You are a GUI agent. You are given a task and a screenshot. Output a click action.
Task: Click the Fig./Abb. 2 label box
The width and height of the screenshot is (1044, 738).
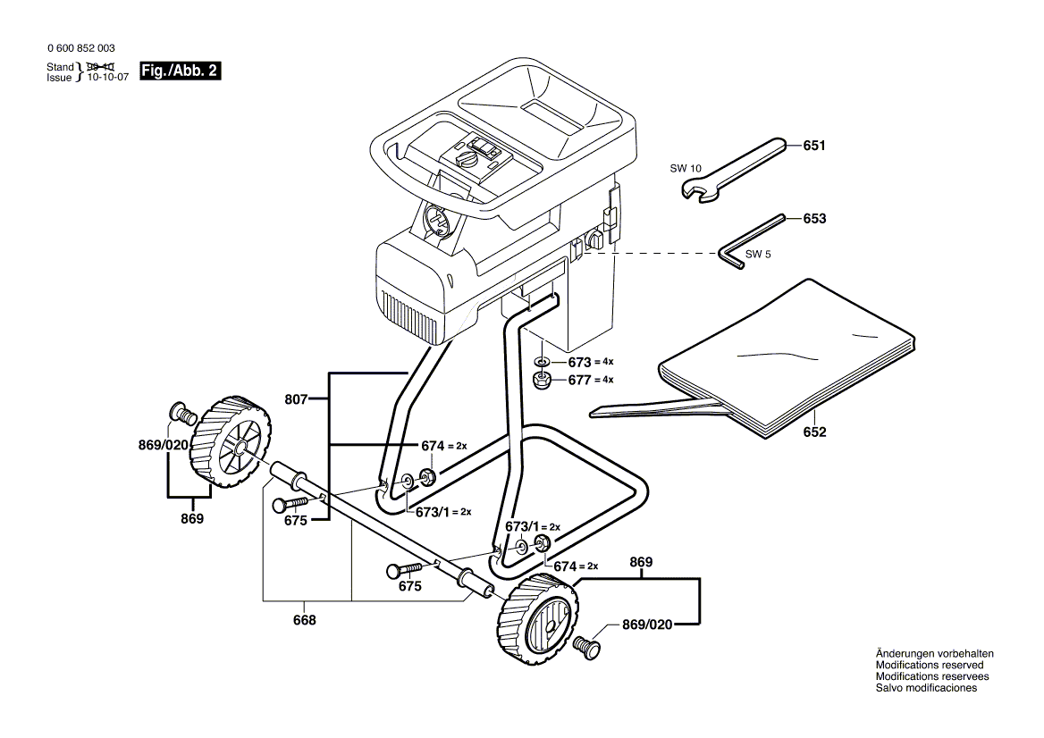pyautogui.click(x=180, y=71)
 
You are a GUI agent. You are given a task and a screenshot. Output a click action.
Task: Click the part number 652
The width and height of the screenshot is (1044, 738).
pyautogui.click(x=814, y=432)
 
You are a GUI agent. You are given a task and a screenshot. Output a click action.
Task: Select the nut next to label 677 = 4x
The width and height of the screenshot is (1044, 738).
pyautogui.click(x=542, y=381)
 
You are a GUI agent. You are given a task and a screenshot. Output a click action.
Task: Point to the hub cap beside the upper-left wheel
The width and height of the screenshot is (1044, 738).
pyautogui.click(x=182, y=413)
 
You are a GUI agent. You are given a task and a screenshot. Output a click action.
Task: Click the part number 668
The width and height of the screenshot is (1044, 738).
pyautogui.click(x=305, y=620)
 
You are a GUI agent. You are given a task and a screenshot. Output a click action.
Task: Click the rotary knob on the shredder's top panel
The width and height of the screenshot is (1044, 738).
pyautogui.click(x=467, y=159)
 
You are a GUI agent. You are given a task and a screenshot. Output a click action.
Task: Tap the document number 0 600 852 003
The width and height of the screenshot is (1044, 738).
pyautogui.click(x=80, y=48)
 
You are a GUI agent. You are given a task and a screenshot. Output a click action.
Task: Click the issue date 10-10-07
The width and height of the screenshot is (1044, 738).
pyautogui.click(x=106, y=77)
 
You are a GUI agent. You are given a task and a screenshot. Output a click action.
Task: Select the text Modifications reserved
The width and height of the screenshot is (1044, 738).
pyautogui.click(x=930, y=666)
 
